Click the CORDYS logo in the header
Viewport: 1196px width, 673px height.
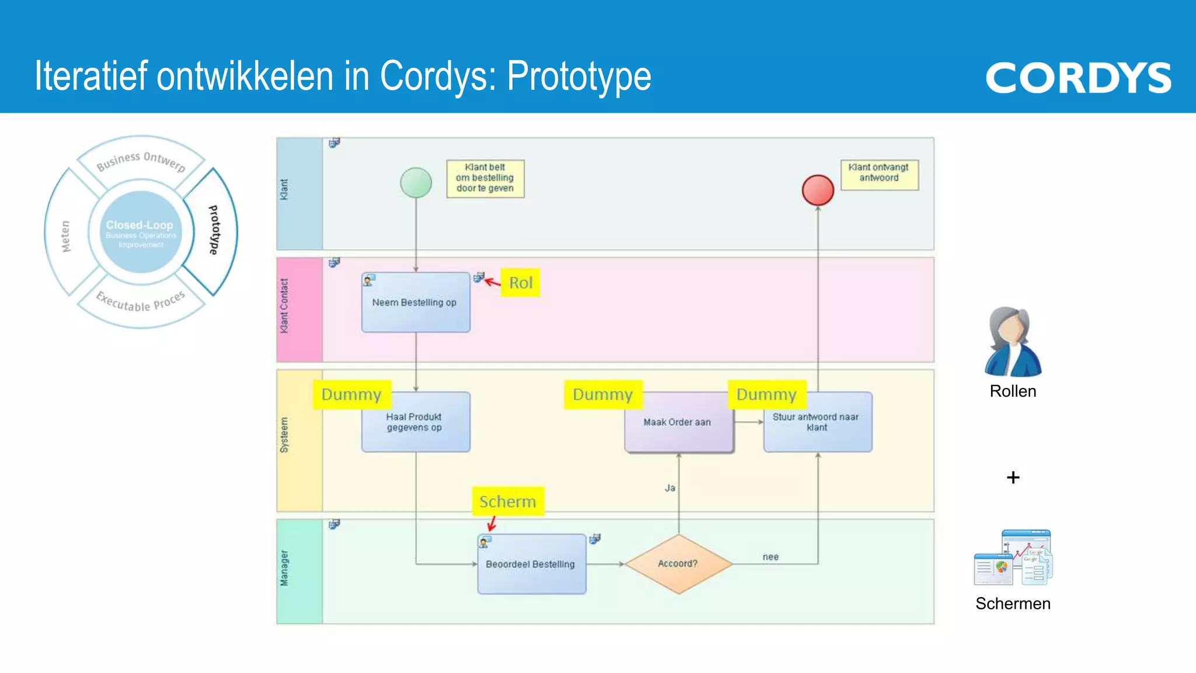1078,78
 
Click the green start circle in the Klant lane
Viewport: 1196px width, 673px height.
416,183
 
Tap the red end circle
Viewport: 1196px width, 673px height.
818,190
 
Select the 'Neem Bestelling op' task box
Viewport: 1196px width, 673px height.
416,303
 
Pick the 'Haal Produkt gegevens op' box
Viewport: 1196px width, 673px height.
416,422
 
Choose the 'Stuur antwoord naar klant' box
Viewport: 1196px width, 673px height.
818,422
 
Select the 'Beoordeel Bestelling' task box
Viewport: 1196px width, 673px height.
531,564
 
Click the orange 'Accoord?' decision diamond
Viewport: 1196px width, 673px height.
678,564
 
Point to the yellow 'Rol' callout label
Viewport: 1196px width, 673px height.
520,283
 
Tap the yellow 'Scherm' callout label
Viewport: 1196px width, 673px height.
507,501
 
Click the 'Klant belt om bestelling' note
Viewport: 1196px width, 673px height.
485,178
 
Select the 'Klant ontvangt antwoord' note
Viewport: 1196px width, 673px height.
879,174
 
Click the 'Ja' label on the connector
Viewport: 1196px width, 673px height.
670,488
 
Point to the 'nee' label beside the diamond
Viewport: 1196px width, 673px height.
770,557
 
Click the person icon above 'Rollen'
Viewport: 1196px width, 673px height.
1013,342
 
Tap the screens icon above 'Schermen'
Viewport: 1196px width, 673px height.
1013,557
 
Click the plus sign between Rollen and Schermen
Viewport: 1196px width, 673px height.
1013,478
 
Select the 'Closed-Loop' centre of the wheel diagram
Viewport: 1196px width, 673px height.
140,232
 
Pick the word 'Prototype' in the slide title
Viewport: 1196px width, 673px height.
579,77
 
